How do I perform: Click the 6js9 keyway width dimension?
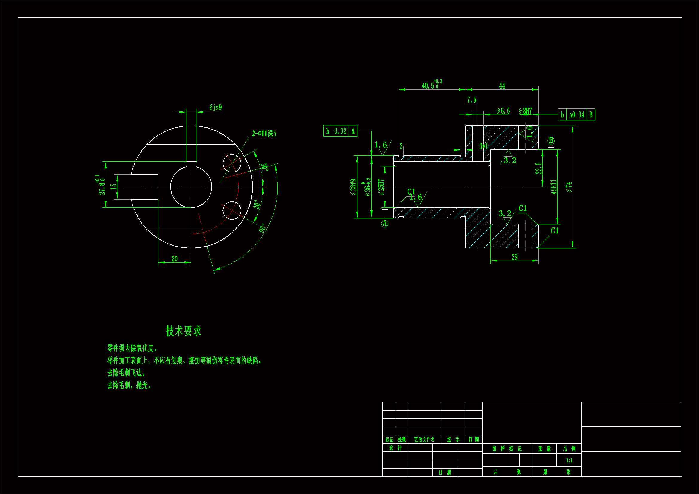(215, 108)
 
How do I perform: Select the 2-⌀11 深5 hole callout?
(264, 134)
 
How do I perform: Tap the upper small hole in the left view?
(232, 163)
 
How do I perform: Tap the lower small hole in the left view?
(232, 210)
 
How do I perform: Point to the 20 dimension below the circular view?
(174, 259)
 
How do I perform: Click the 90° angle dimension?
(262, 228)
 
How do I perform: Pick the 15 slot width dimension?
(113, 187)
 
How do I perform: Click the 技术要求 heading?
(184, 331)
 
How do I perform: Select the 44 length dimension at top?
(502, 86)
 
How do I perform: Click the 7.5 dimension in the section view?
(471, 100)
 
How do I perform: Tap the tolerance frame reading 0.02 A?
(340, 131)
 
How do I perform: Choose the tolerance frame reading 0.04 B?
(576, 115)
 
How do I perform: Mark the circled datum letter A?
(385, 224)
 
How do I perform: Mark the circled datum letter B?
(551, 141)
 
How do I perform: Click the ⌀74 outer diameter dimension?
(569, 187)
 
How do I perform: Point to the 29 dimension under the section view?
(514, 257)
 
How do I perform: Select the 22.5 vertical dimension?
(538, 168)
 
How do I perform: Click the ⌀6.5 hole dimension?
(503, 111)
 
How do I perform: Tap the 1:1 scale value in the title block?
(569, 460)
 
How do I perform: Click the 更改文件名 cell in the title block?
(424, 440)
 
